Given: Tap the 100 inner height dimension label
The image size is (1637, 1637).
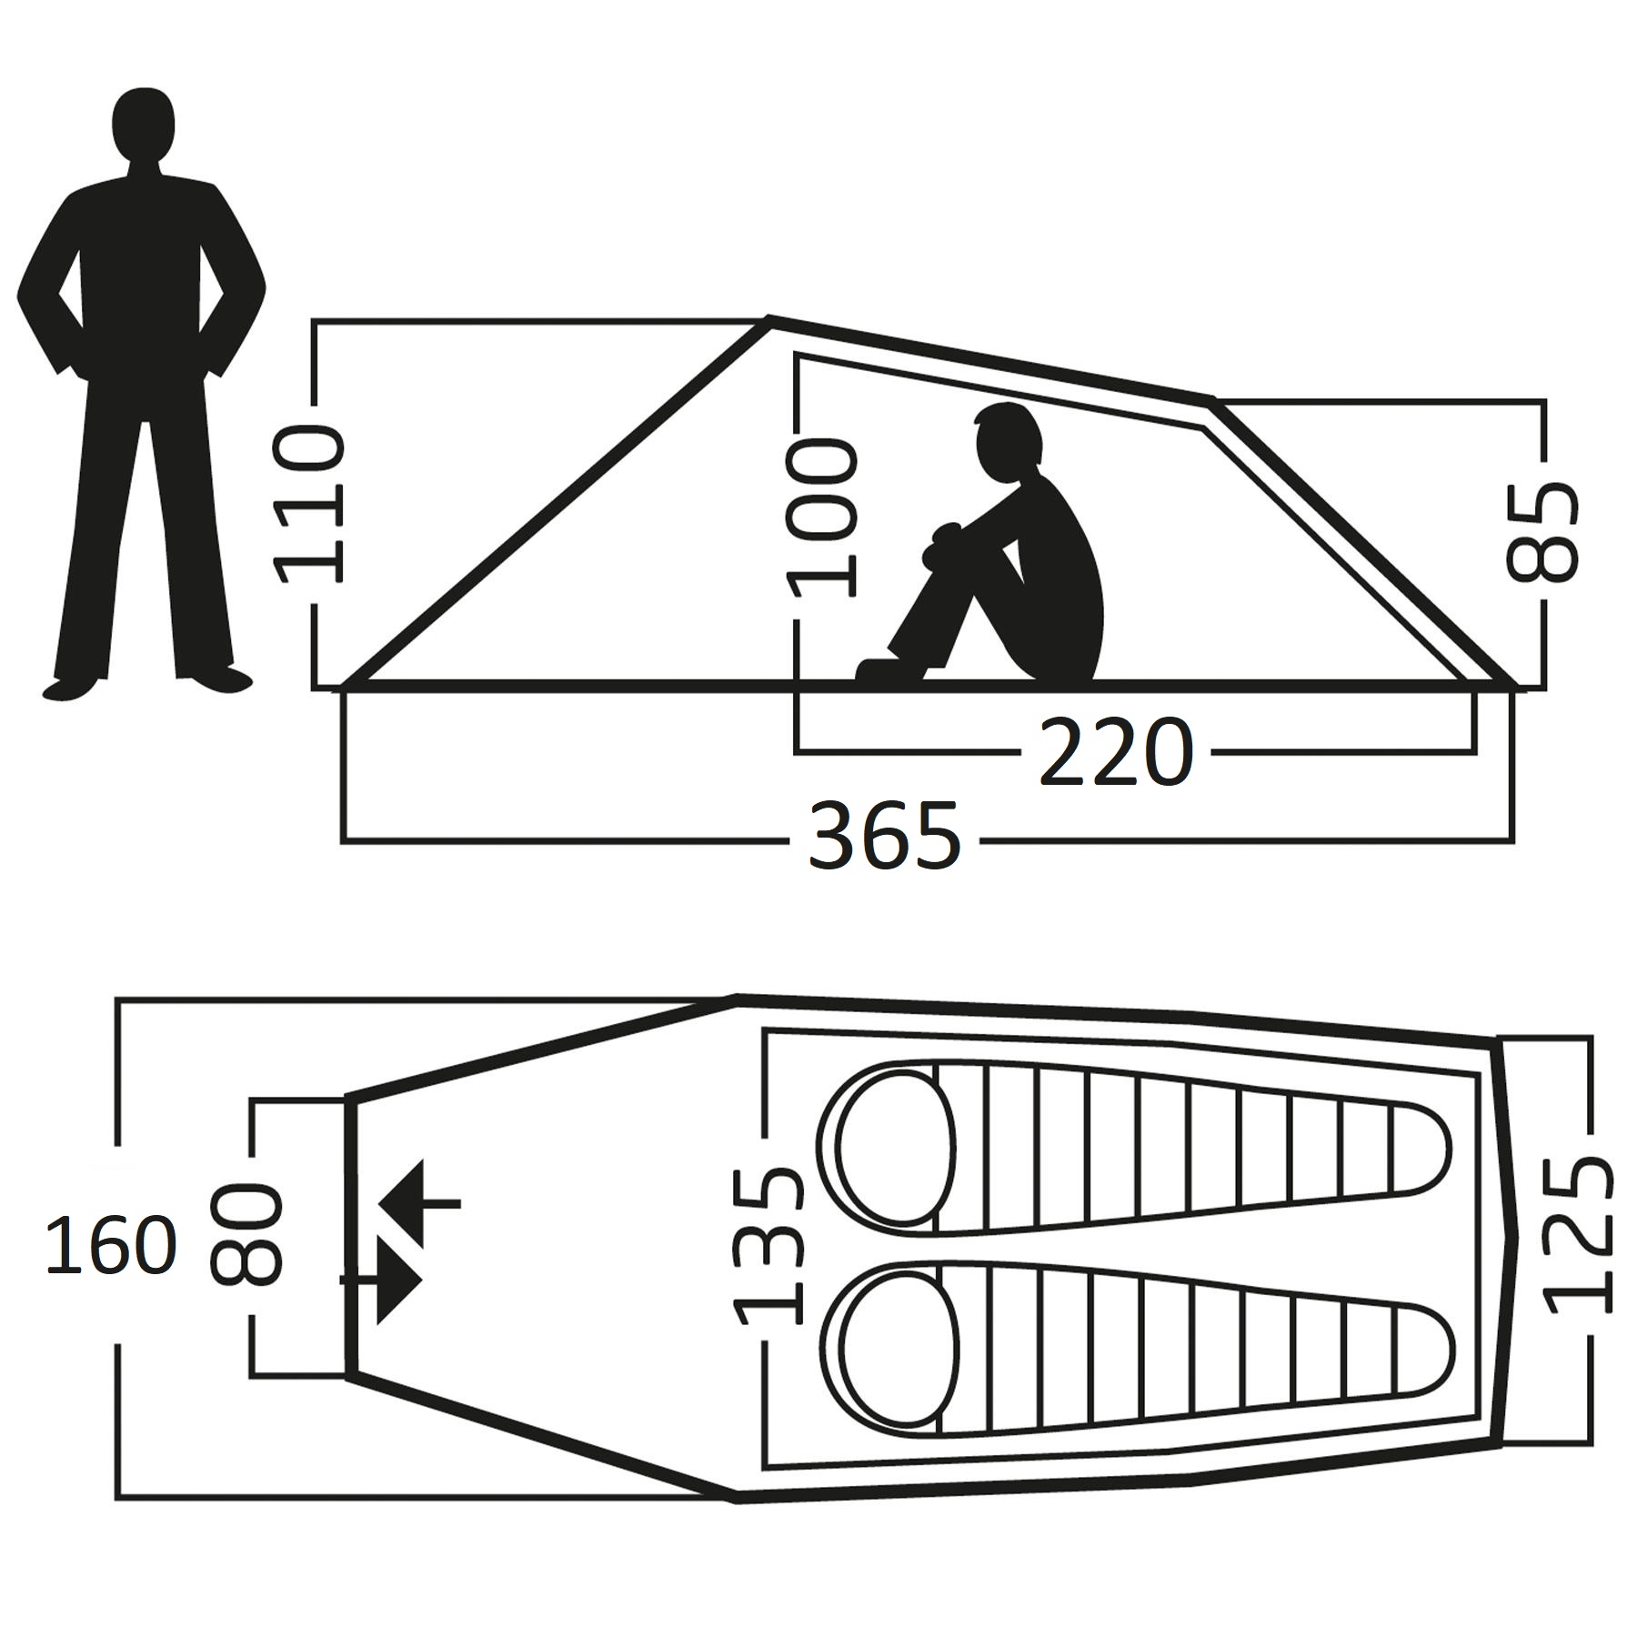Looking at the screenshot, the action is click(823, 517).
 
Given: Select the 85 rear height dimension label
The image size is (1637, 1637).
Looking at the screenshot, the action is click(1542, 532).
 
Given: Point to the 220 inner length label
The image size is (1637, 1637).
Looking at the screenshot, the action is click(1115, 752).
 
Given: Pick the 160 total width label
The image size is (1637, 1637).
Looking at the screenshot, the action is click(110, 1245).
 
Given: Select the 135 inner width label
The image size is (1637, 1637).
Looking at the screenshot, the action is click(769, 1246).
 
